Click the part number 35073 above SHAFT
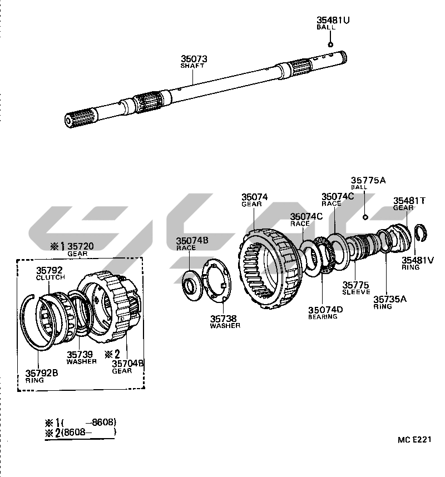pos(193,58)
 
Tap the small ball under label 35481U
pos(330,44)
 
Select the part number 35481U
pos(333,21)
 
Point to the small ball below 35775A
pos(365,216)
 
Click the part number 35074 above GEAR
pos(254,197)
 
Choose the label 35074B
pos(192,241)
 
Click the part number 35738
pos(223,319)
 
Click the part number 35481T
pos(409,201)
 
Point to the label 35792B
pos(42,374)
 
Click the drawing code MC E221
pos(414,439)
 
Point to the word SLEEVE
pos(356,292)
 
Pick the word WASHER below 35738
pos(225,326)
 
